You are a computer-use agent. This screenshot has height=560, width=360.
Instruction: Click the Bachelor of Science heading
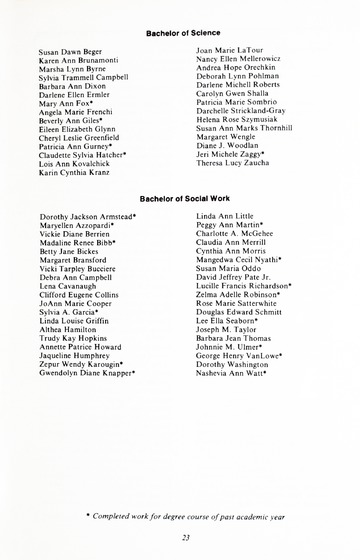coord(180,33)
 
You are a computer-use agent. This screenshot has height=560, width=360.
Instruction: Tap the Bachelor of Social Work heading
coord(180,199)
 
